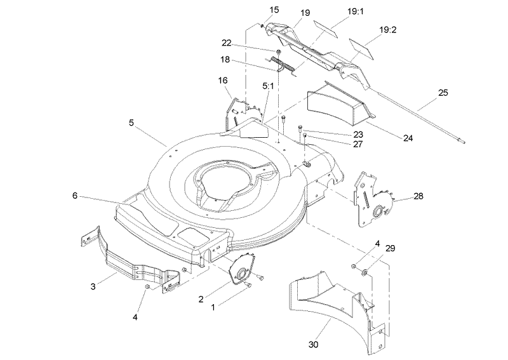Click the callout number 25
(x=443, y=93)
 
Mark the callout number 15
(x=274, y=10)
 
